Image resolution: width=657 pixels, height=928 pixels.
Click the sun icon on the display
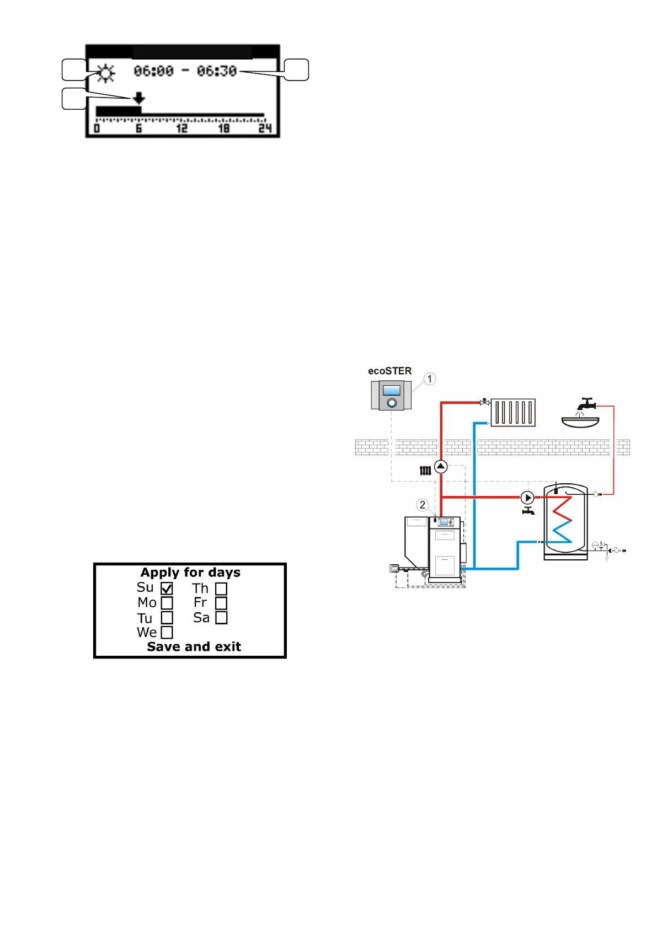(x=105, y=73)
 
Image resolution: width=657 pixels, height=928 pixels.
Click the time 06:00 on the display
(x=154, y=71)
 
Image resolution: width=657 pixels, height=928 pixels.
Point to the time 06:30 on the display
(x=217, y=71)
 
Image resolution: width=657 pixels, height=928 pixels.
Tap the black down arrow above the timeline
(x=138, y=98)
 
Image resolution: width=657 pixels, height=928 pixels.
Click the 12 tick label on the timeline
(x=181, y=128)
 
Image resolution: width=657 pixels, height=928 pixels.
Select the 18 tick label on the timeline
(x=223, y=128)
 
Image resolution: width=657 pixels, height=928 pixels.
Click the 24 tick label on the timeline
(x=265, y=128)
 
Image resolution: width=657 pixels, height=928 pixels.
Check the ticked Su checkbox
(x=167, y=589)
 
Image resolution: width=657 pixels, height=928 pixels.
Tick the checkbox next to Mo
(x=167, y=603)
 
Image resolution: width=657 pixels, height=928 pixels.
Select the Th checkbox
(x=221, y=589)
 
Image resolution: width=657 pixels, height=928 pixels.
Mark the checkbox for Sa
(x=221, y=618)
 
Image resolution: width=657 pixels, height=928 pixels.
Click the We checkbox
(x=167, y=632)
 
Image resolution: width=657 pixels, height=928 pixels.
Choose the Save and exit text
(x=194, y=646)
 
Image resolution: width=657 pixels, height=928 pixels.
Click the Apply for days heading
(x=190, y=573)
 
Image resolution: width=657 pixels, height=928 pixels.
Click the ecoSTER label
(x=390, y=371)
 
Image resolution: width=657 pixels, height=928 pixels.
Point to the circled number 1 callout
(x=430, y=379)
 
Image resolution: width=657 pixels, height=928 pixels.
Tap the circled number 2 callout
(x=423, y=505)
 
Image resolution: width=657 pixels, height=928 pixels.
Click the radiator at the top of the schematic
(x=513, y=412)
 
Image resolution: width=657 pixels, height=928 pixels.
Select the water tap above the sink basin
(x=585, y=404)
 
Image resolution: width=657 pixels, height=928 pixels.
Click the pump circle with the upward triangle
(x=441, y=467)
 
